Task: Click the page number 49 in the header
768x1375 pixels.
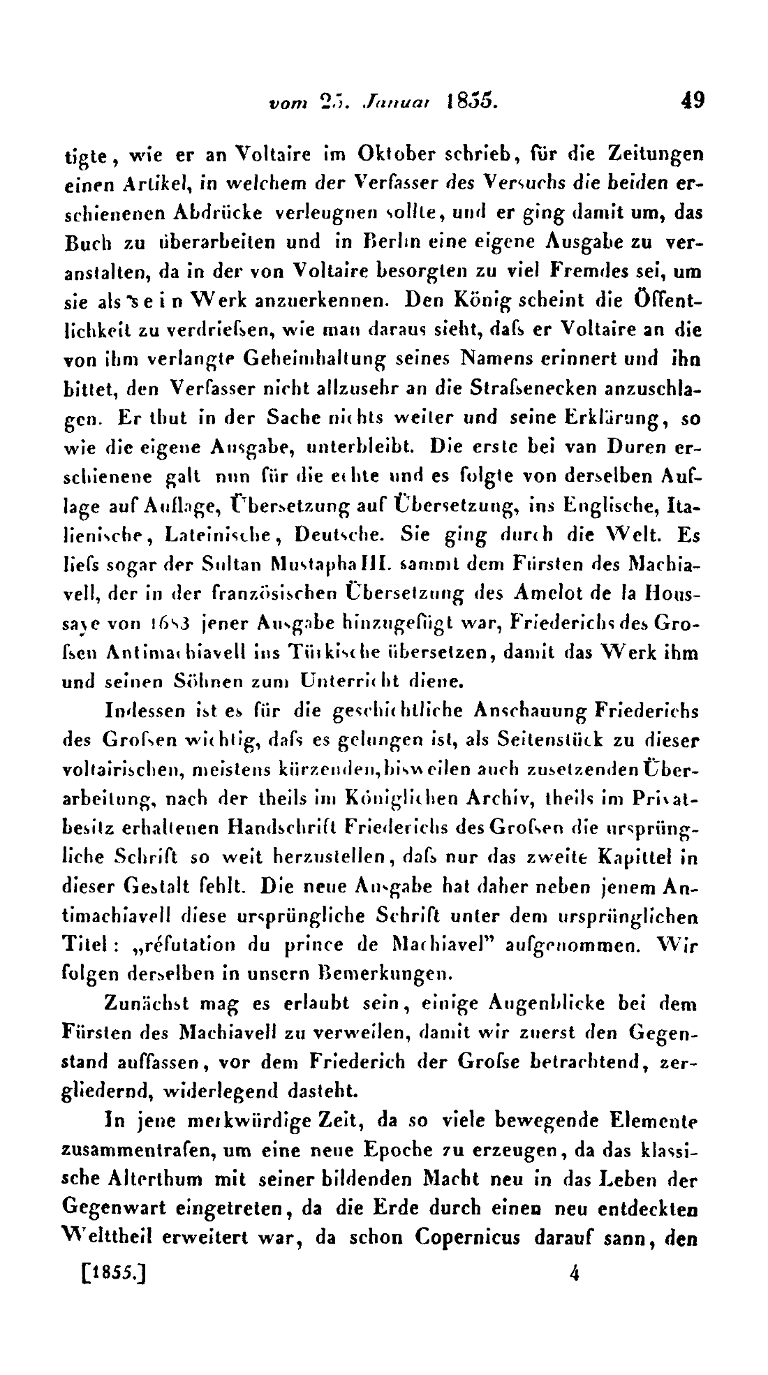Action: click(x=693, y=100)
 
